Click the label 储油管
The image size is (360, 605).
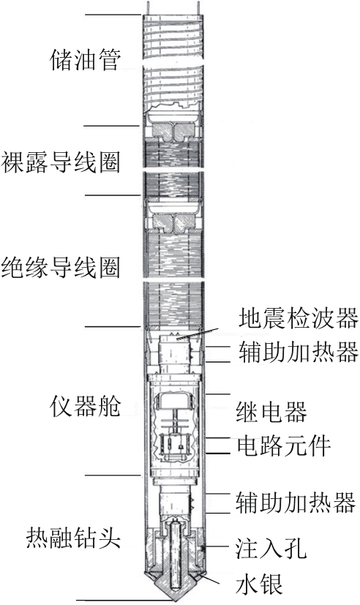tap(86, 60)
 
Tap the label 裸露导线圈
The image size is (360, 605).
tap(61, 162)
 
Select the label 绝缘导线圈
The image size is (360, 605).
tap(61, 267)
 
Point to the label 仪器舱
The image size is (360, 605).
tap(86, 406)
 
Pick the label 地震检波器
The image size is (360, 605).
tap(298, 318)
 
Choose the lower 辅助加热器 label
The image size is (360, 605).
tap(295, 503)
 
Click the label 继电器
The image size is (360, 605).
tap(271, 412)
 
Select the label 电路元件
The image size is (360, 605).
tap(284, 446)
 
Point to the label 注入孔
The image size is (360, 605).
tap(271, 548)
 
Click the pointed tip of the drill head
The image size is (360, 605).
tap(173, 600)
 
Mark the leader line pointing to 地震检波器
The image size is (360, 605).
tap(197, 334)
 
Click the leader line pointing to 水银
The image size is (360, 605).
tap(209, 579)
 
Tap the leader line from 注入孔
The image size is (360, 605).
tap(217, 547)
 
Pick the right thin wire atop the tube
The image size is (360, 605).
tap(198, 9)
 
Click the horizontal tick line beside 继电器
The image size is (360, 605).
tap(219, 394)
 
